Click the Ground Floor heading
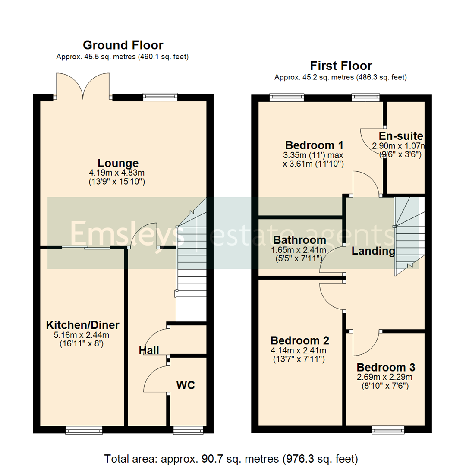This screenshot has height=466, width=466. (x=123, y=45)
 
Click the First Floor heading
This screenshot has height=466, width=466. (x=341, y=66)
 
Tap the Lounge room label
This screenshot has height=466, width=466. (x=118, y=163)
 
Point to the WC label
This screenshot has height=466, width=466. (x=186, y=385)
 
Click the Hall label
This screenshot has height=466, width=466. (x=149, y=350)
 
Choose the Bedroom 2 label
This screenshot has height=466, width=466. (x=300, y=340)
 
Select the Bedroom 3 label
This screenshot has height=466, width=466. (x=386, y=368)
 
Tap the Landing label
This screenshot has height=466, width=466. (x=373, y=251)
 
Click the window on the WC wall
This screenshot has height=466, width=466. (x=187, y=430)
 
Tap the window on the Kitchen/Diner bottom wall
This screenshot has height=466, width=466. (x=84, y=430)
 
